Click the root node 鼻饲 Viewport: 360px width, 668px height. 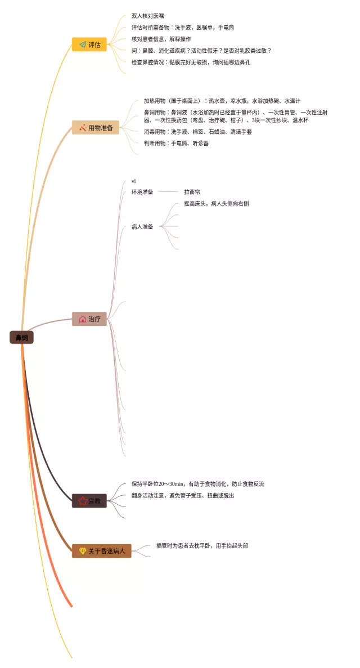(x=21, y=338)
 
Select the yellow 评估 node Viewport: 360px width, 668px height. (x=89, y=44)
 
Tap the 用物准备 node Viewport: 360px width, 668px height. (x=95, y=128)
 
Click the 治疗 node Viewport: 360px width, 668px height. (x=89, y=319)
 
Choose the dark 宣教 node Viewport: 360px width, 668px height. (x=89, y=501)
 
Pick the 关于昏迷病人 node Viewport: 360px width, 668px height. (x=101, y=550)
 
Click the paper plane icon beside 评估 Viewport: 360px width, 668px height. (x=82, y=44)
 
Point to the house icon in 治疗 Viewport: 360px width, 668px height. (x=82, y=319)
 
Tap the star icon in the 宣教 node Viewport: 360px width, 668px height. (x=82, y=501)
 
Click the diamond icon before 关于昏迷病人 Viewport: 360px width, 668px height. (x=82, y=550)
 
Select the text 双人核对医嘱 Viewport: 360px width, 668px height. (x=148, y=16)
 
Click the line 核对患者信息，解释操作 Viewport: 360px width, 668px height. (x=161, y=39)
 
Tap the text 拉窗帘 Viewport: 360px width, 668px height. (x=192, y=192)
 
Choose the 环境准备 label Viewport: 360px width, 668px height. (x=142, y=192)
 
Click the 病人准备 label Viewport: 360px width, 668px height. (x=142, y=227)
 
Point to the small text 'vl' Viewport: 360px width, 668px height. (x=134, y=181)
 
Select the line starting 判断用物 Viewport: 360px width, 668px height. (x=176, y=144)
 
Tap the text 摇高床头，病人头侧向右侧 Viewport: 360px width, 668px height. (x=216, y=204)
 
